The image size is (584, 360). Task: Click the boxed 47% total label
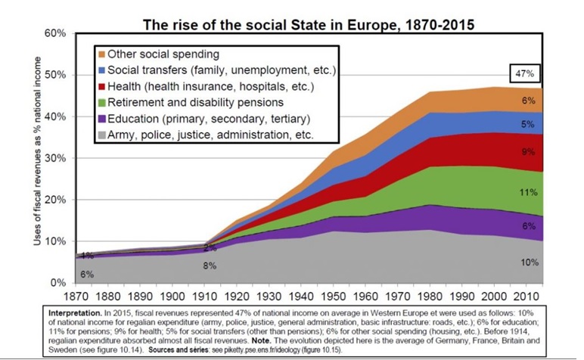pos(524,73)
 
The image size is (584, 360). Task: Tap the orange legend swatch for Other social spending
pos(101,54)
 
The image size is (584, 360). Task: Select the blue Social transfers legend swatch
pos(101,70)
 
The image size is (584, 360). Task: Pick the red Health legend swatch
pos(101,87)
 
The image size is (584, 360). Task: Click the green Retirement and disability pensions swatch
pos(101,103)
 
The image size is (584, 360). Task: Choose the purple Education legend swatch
pos(101,119)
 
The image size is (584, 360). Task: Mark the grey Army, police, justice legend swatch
pos(101,135)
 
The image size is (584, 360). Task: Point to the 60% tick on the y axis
pos(55,33)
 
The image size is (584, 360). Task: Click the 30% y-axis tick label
pos(55,158)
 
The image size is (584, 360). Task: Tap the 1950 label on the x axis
pos(333,296)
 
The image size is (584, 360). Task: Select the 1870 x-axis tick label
pos(76,296)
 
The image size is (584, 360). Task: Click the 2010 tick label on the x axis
pos(526,296)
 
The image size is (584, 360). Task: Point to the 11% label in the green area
pos(529,192)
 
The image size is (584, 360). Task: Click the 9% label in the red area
pos(528,152)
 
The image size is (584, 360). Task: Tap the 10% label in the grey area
pos(530,262)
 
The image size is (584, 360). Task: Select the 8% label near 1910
pos(210,265)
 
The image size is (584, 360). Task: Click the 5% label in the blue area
pos(528,124)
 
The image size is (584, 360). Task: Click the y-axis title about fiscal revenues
pos(37,151)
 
